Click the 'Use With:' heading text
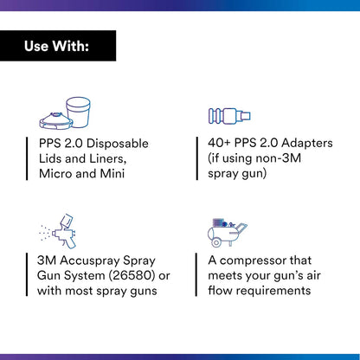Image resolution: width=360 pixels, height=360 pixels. tap(56, 46)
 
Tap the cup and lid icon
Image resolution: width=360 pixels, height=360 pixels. tap(65, 112)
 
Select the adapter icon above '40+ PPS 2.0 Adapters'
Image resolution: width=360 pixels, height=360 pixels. tap(229, 116)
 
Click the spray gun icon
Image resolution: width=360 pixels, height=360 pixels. tap(59, 231)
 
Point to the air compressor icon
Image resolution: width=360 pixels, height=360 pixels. tap(228, 233)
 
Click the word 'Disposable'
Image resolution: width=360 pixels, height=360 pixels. tap(118, 144)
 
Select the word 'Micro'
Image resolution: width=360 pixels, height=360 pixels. tap(55, 174)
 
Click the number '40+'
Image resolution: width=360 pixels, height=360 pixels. tap(219, 143)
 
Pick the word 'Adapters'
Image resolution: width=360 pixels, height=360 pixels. tap(307, 144)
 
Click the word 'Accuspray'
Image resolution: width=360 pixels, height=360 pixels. tap(90, 261)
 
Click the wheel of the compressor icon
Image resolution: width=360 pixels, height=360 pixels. tap(216, 242)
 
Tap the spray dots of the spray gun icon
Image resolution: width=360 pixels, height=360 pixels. tap(45, 232)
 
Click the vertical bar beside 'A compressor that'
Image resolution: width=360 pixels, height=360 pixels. tap(196, 274)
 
